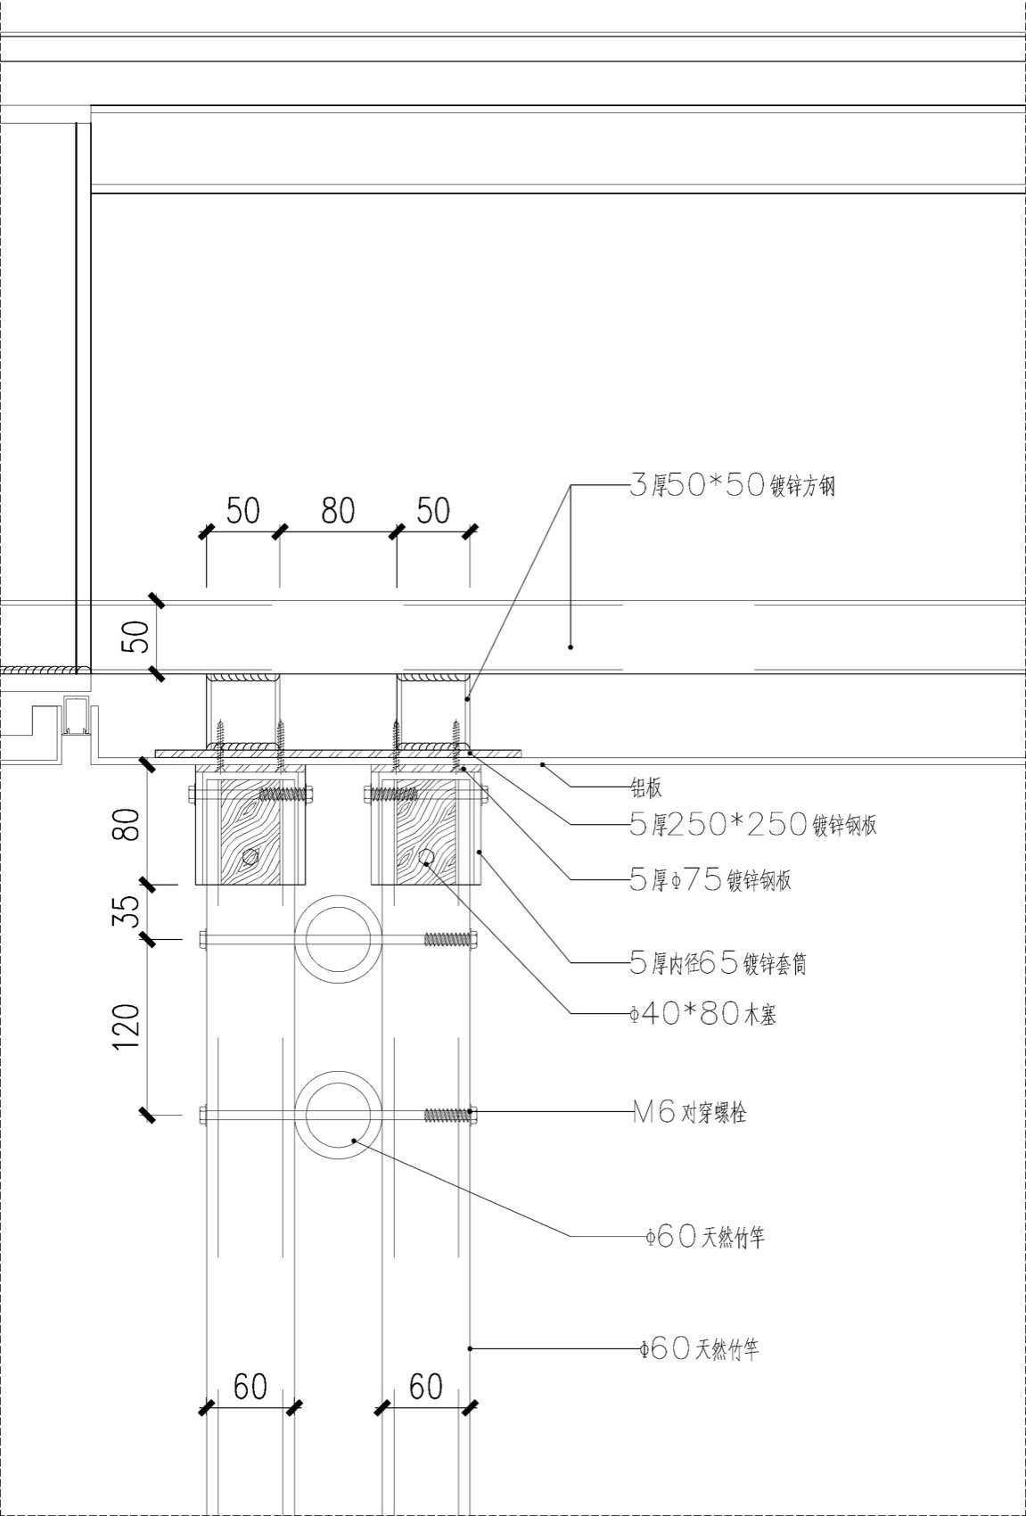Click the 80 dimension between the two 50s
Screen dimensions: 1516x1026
[338, 511]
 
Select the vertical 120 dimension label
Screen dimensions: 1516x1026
[127, 1027]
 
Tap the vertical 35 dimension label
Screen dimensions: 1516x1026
[130, 911]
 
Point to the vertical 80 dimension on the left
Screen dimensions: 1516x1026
[130, 824]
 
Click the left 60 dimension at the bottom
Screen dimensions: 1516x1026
[250, 1387]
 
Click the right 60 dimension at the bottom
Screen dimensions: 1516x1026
[425, 1387]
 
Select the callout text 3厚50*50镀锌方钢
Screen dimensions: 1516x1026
[732, 486]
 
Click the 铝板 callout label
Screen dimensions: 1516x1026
[646, 787]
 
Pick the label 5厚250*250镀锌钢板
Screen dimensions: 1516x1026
[753, 825]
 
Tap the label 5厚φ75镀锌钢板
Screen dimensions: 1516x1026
[710, 881]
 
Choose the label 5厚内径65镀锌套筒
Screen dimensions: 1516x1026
[718, 963]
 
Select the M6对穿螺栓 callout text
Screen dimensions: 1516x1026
[689, 1113]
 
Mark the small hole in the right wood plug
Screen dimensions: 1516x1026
[426, 858]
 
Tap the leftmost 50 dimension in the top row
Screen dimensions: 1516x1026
[242, 511]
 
